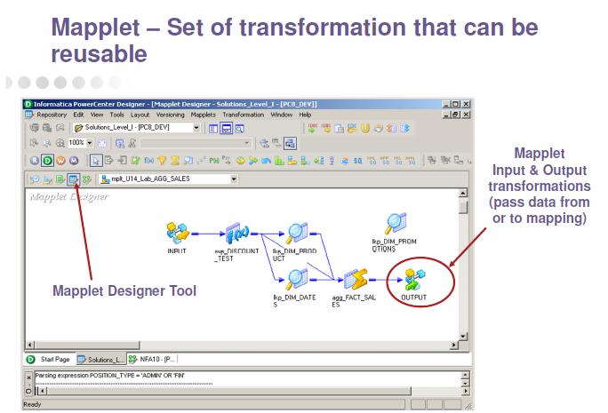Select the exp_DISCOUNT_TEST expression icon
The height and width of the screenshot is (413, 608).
click(x=236, y=234)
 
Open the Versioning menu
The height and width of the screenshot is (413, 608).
click(x=171, y=115)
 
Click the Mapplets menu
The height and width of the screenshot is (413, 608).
click(x=204, y=115)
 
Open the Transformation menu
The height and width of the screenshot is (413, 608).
click(x=244, y=115)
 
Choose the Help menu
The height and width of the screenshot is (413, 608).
click(x=305, y=115)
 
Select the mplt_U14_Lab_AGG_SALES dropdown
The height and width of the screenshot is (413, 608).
click(x=170, y=179)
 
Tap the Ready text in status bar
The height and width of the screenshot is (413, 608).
click(x=33, y=404)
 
